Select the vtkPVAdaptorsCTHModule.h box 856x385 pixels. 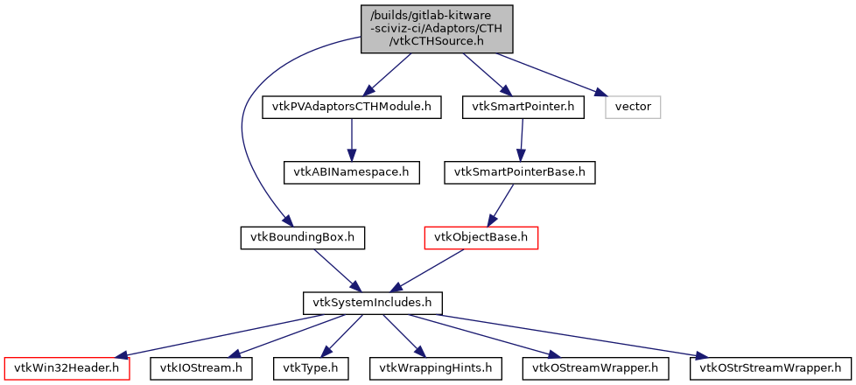pyautogui.click(x=351, y=108)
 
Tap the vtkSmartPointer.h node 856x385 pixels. pyautogui.click(x=523, y=108)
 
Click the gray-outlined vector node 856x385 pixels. pyautogui.click(x=633, y=108)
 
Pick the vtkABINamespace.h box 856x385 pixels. pyautogui.click(x=351, y=171)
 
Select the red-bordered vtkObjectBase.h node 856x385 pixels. pyautogui.click(x=481, y=237)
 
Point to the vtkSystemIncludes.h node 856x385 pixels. pyautogui.click(x=372, y=303)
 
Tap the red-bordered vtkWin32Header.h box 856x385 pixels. pyautogui.click(x=67, y=368)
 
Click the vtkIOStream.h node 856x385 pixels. pyautogui.click(x=201, y=368)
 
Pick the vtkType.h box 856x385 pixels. pyautogui.click(x=311, y=368)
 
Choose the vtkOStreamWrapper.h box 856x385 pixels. pyautogui.click(x=595, y=368)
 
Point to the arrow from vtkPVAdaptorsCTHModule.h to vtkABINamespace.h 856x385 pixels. pyautogui.click(x=351, y=140)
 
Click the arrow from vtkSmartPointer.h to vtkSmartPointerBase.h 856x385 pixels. pyautogui.click(x=522, y=140)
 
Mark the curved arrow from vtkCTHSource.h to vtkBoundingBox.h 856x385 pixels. pyautogui.click(x=242, y=131)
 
